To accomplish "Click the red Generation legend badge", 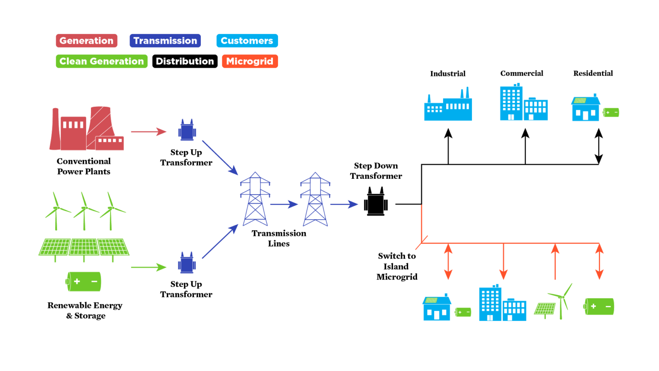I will click(x=86, y=41).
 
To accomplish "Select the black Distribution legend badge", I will click(x=184, y=61).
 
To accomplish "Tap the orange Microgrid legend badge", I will click(x=250, y=61).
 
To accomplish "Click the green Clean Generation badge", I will click(x=102, y=61).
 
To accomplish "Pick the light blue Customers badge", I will click(x=247, y=41).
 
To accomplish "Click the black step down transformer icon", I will click(x=376, y=202).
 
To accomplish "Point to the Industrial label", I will click(x=447, y=74).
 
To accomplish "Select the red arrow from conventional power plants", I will click(x=148, y=132).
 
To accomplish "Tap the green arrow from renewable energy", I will click(x=148, y=268).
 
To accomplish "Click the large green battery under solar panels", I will click(x=84, y=282).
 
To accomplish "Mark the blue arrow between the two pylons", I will click(x=284, y=205).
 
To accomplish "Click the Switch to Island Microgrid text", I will click(x=397, y=266).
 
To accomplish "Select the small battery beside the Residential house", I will click(x=611, y=113).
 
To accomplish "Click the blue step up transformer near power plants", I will click(x=187, y=131).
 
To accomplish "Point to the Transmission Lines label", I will click(x=279, y=238).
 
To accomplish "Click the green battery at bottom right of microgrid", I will click(x=599, y=306).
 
